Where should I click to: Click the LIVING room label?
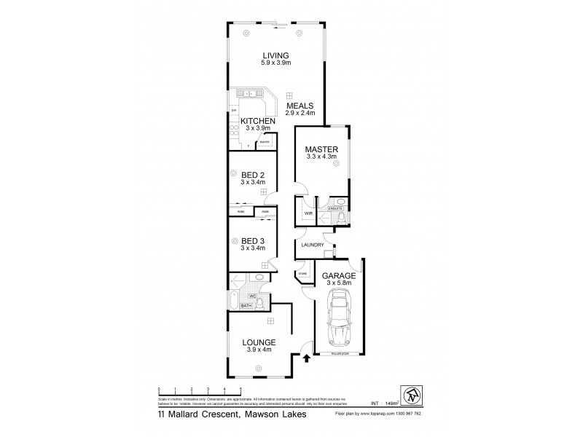click(275, 55)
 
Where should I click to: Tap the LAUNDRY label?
click(312, 245)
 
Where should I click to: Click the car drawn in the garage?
click(339, 316)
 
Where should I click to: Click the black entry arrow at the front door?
click(306, 357)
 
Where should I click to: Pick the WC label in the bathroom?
click(252, 296)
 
